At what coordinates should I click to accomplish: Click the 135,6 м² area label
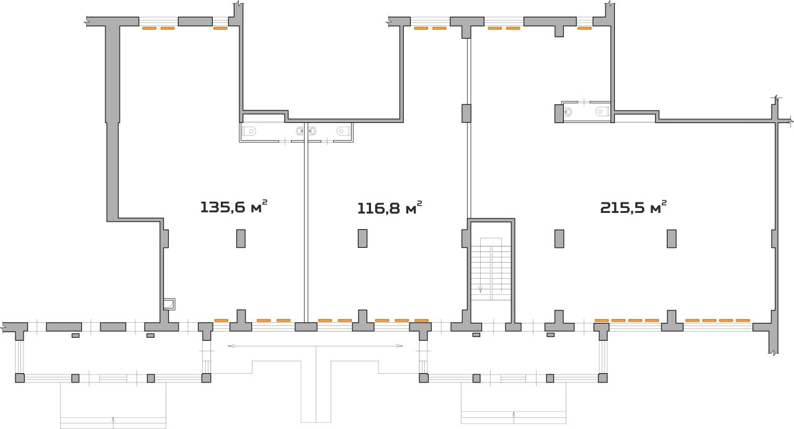point(234,207)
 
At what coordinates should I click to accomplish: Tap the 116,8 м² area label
point(390,208)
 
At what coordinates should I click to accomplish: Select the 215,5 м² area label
point(633,207)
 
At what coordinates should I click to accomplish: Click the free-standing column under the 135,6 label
point(241,238)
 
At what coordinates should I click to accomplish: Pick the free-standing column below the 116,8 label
point(362,238)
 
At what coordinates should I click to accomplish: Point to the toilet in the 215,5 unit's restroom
point(602,111)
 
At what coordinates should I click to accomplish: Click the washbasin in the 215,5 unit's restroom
point(568,112)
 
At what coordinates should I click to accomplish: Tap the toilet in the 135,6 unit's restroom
point(249,131)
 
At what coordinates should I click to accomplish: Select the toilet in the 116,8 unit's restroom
point(343,131)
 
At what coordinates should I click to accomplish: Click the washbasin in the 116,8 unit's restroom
point(313,131)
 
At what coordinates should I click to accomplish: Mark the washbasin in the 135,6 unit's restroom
point(300,131)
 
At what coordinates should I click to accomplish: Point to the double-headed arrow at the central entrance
point(315,346)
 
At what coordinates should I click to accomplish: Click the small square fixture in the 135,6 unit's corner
point(169,304)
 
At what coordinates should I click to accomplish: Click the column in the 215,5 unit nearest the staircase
point(560,238)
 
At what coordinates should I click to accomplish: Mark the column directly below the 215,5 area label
point(671,238)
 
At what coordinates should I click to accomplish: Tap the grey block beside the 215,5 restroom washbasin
point(559,113)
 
